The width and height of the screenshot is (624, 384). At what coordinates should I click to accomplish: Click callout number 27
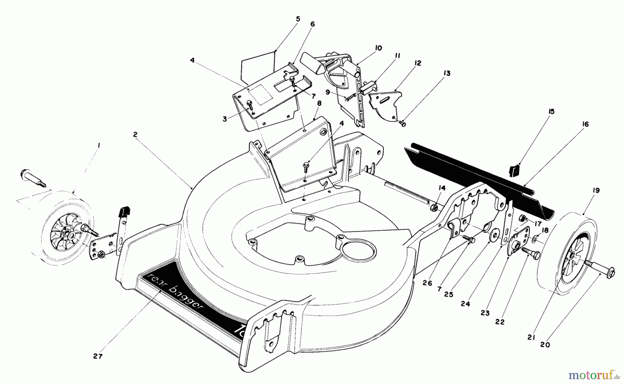pyautogui.click(x=98, y=356)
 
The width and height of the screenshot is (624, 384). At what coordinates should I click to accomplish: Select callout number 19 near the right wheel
pyautogui.click(x=596, y=190)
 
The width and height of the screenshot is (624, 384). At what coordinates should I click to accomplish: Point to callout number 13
pyautogui.click(x=447, y=73)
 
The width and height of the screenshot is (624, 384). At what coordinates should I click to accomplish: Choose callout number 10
pyautogui.click(x=378, y=48)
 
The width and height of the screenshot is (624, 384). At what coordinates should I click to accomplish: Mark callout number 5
pyautogui.click(x=298, y=19)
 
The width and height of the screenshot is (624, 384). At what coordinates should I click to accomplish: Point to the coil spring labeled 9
pyautogui.click(x=351, y=97)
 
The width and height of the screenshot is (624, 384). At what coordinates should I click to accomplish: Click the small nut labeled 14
pyautogui.click(x=433, y=208)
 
